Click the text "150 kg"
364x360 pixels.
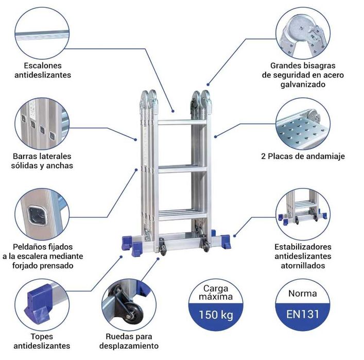[216, 315]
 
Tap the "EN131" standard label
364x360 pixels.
[303, 314]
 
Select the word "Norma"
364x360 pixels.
[303, 294]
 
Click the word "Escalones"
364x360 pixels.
[43, 65]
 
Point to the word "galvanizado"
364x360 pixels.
[303, 84]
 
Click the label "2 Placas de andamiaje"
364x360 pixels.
[303, 156]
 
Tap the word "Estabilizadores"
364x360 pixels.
[303, 247]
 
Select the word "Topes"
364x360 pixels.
[42, 336]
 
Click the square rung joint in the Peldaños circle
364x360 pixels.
[37, 215]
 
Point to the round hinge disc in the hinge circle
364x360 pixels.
[298, 28]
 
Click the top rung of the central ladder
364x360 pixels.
[182, 122]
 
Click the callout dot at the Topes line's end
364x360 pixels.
[121, 256]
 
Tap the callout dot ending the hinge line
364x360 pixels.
[208, 84]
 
